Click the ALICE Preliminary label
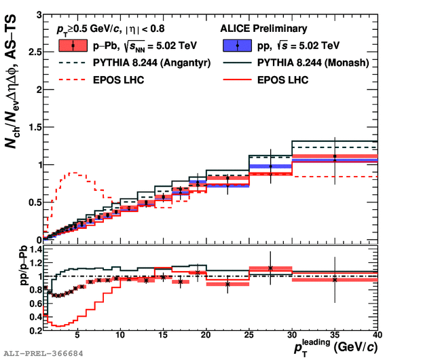point(263,29)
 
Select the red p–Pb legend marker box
point(72,46)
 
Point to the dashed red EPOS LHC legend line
point(71,80)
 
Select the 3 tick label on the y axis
point(39,15)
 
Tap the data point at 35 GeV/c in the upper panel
point(335,158)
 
